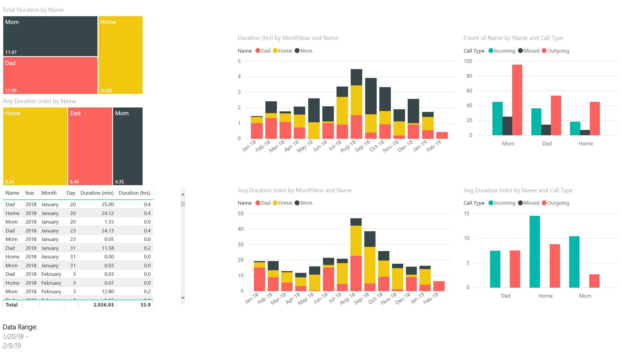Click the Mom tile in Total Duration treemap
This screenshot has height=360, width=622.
click(x=50, y=36)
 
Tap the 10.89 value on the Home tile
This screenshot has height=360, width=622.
click(x=106, y=91)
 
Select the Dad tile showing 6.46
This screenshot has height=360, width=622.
click(x=90, y=146)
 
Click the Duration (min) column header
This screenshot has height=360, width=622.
click(x=97, y=193)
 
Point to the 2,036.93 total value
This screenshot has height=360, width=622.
click(x=103, y=305)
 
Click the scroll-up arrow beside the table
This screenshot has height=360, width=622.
click(x=183, y=195)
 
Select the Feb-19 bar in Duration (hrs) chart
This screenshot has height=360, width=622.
click(x=442, y=135)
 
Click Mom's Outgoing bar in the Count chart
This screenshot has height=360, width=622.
click(x=517, y=100)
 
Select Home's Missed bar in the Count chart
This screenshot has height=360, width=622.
click(x=585, y=133)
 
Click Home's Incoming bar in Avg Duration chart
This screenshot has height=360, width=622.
click(x=535, y=252)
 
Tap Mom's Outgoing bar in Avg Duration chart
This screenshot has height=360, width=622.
click(x=594, y=281)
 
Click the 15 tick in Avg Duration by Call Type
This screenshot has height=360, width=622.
click(x=466, y=214)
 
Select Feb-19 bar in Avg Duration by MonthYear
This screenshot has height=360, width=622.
click(x=439, y=286)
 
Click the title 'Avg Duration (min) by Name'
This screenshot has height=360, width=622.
click(x=39, y=101)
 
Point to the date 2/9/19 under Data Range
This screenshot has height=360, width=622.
click(x=12, y=346)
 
